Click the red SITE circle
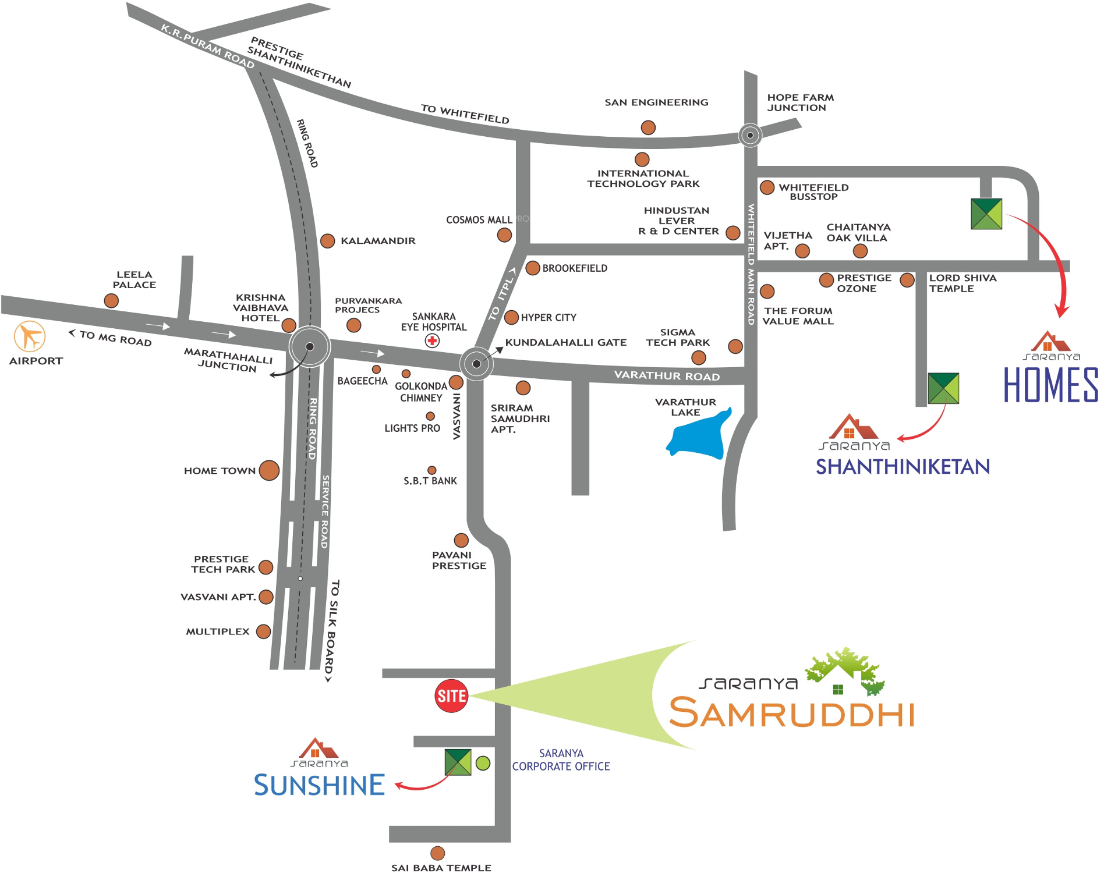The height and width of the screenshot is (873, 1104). point(451,695)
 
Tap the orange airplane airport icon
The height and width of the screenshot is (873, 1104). point(30,336)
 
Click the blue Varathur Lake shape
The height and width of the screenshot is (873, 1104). point(699,436)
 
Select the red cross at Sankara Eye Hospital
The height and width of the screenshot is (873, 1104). point(432,341)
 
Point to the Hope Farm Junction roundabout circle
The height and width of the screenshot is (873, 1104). point(750,135)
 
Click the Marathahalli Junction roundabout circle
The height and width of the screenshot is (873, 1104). point(310,347)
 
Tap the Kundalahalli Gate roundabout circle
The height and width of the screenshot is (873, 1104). point(476,364)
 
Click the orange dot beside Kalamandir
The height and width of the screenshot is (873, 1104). point(328,241)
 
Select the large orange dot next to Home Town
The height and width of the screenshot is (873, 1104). point(269,470)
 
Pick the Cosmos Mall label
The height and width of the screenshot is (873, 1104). point(479,220)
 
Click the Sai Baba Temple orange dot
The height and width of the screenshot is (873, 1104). point(437,853)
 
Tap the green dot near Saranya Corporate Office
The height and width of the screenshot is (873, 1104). point(483,763)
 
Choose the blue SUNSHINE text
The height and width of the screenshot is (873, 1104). point(319,785)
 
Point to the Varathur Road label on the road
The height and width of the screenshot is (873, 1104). point(667,375)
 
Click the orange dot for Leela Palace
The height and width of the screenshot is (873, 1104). point(111,301)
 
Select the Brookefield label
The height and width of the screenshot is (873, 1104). point(575,268)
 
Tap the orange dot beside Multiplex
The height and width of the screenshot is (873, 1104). point(263,631)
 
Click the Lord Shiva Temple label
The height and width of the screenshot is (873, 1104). point(963,283)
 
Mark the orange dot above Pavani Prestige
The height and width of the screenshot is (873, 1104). point(461,540)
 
